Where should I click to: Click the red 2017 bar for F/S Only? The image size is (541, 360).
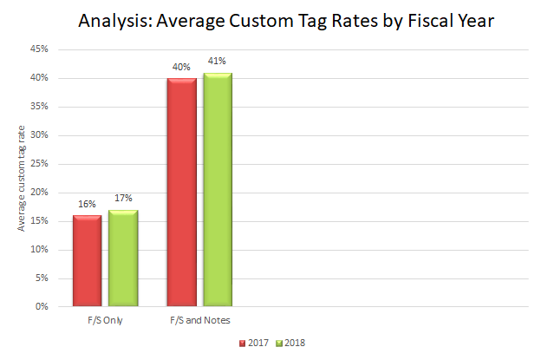point(87,260)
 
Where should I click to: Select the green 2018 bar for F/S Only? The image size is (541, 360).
point(123,258)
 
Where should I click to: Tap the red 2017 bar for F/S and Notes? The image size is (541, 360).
point(181,192)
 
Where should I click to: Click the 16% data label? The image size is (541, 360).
point(87,205)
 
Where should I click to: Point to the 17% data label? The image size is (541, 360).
point(123,199)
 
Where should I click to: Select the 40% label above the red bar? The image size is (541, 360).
point(181,68)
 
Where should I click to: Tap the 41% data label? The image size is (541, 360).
point(218,62)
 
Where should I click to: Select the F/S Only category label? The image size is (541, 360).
point(105,321)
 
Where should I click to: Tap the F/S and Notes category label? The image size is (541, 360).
point(199,321)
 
